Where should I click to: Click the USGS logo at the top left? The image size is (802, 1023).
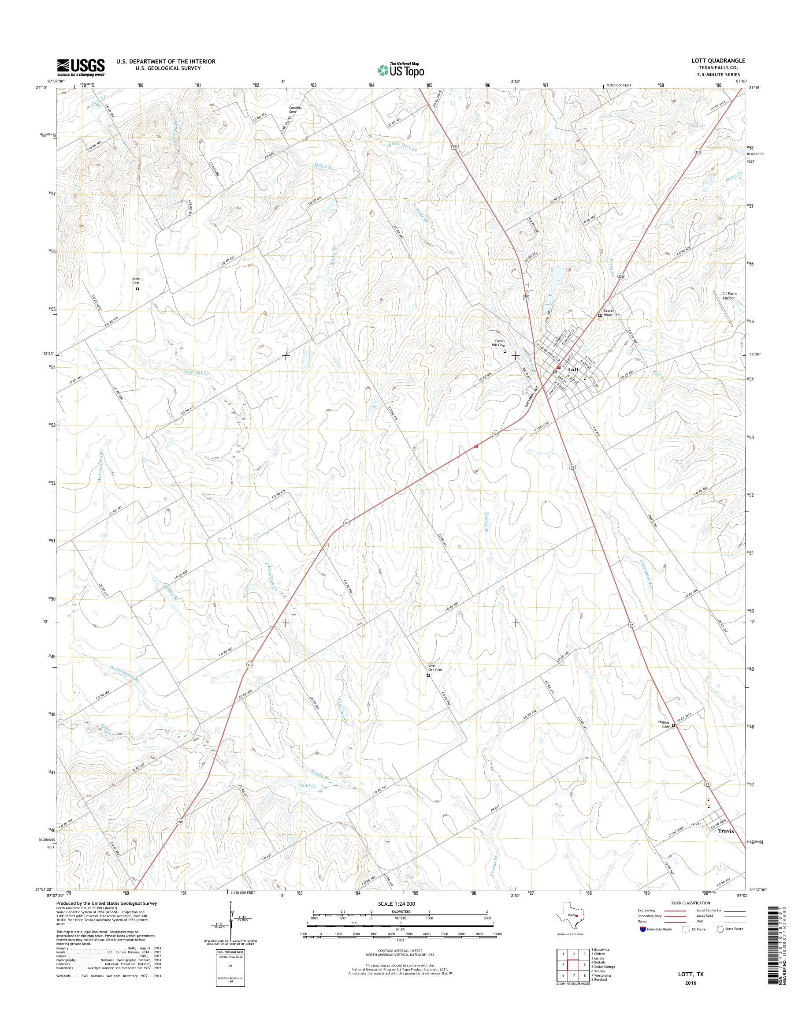(x=81, y=67)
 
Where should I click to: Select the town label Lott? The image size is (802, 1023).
(x=574, y=370)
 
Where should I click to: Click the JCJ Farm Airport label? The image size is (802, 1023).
(x=729, y=295)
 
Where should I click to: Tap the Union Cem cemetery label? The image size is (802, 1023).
(x=136, y=281)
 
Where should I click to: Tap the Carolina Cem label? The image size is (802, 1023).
(x=294, y=110)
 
